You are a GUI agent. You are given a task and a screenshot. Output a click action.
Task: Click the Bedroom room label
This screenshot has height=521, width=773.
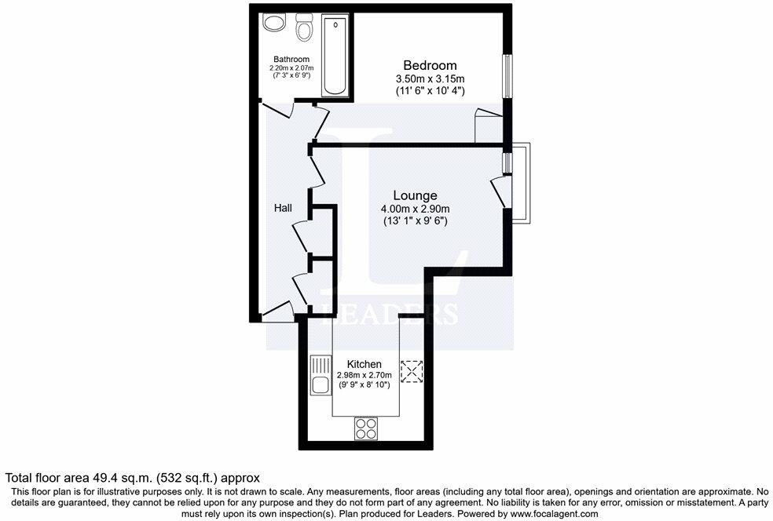point(430,65)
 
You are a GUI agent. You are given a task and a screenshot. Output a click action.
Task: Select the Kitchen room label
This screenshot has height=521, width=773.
point(365,364)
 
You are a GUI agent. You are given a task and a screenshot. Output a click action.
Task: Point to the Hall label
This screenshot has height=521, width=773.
point(283,208)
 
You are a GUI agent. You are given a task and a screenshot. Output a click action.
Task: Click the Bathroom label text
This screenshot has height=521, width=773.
point(291,59)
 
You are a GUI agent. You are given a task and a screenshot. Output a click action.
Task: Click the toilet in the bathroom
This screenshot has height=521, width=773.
point(304,29)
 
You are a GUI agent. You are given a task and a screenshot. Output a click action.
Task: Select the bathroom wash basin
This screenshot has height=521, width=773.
point(275,23)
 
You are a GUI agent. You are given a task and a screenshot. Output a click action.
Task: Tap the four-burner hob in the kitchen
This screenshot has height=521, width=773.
point(365,428)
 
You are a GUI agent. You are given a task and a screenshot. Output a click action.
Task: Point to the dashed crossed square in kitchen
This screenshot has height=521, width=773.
point(412,371)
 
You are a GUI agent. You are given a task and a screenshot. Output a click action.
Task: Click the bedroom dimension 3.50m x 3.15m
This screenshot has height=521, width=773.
point(430,78)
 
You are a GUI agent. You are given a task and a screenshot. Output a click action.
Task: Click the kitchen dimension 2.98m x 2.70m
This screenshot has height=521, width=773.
point(365,375)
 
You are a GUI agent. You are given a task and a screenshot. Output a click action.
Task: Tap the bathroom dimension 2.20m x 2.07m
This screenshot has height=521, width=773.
point(291,68)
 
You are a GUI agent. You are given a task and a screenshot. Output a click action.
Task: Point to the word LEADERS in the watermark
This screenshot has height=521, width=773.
point(390,314)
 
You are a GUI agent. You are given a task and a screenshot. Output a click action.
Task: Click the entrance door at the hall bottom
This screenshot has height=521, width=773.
point(277,313)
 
